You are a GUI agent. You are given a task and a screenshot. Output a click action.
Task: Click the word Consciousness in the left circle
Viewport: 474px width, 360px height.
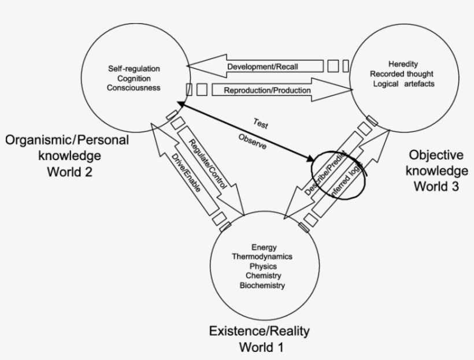click(134, 87)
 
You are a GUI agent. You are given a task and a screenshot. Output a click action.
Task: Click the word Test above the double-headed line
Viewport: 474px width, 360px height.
click(260, 124)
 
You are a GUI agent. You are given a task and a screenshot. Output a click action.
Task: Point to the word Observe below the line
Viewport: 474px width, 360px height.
click(252, 143)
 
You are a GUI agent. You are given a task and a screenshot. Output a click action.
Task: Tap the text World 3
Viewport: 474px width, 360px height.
click(435, 186)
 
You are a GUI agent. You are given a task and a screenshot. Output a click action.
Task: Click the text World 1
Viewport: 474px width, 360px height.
click(260, 347)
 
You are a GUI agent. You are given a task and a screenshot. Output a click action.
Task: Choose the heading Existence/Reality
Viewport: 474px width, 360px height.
click(260, 331)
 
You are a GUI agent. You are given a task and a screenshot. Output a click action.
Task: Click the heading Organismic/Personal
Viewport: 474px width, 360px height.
click(67, 140)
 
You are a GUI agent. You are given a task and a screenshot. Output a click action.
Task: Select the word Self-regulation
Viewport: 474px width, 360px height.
click(134, 69)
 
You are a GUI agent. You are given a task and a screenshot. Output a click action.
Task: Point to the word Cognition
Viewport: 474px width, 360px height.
click(134, 78)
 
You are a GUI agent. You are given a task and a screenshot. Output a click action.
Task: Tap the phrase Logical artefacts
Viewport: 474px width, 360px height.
click(404, 84)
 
